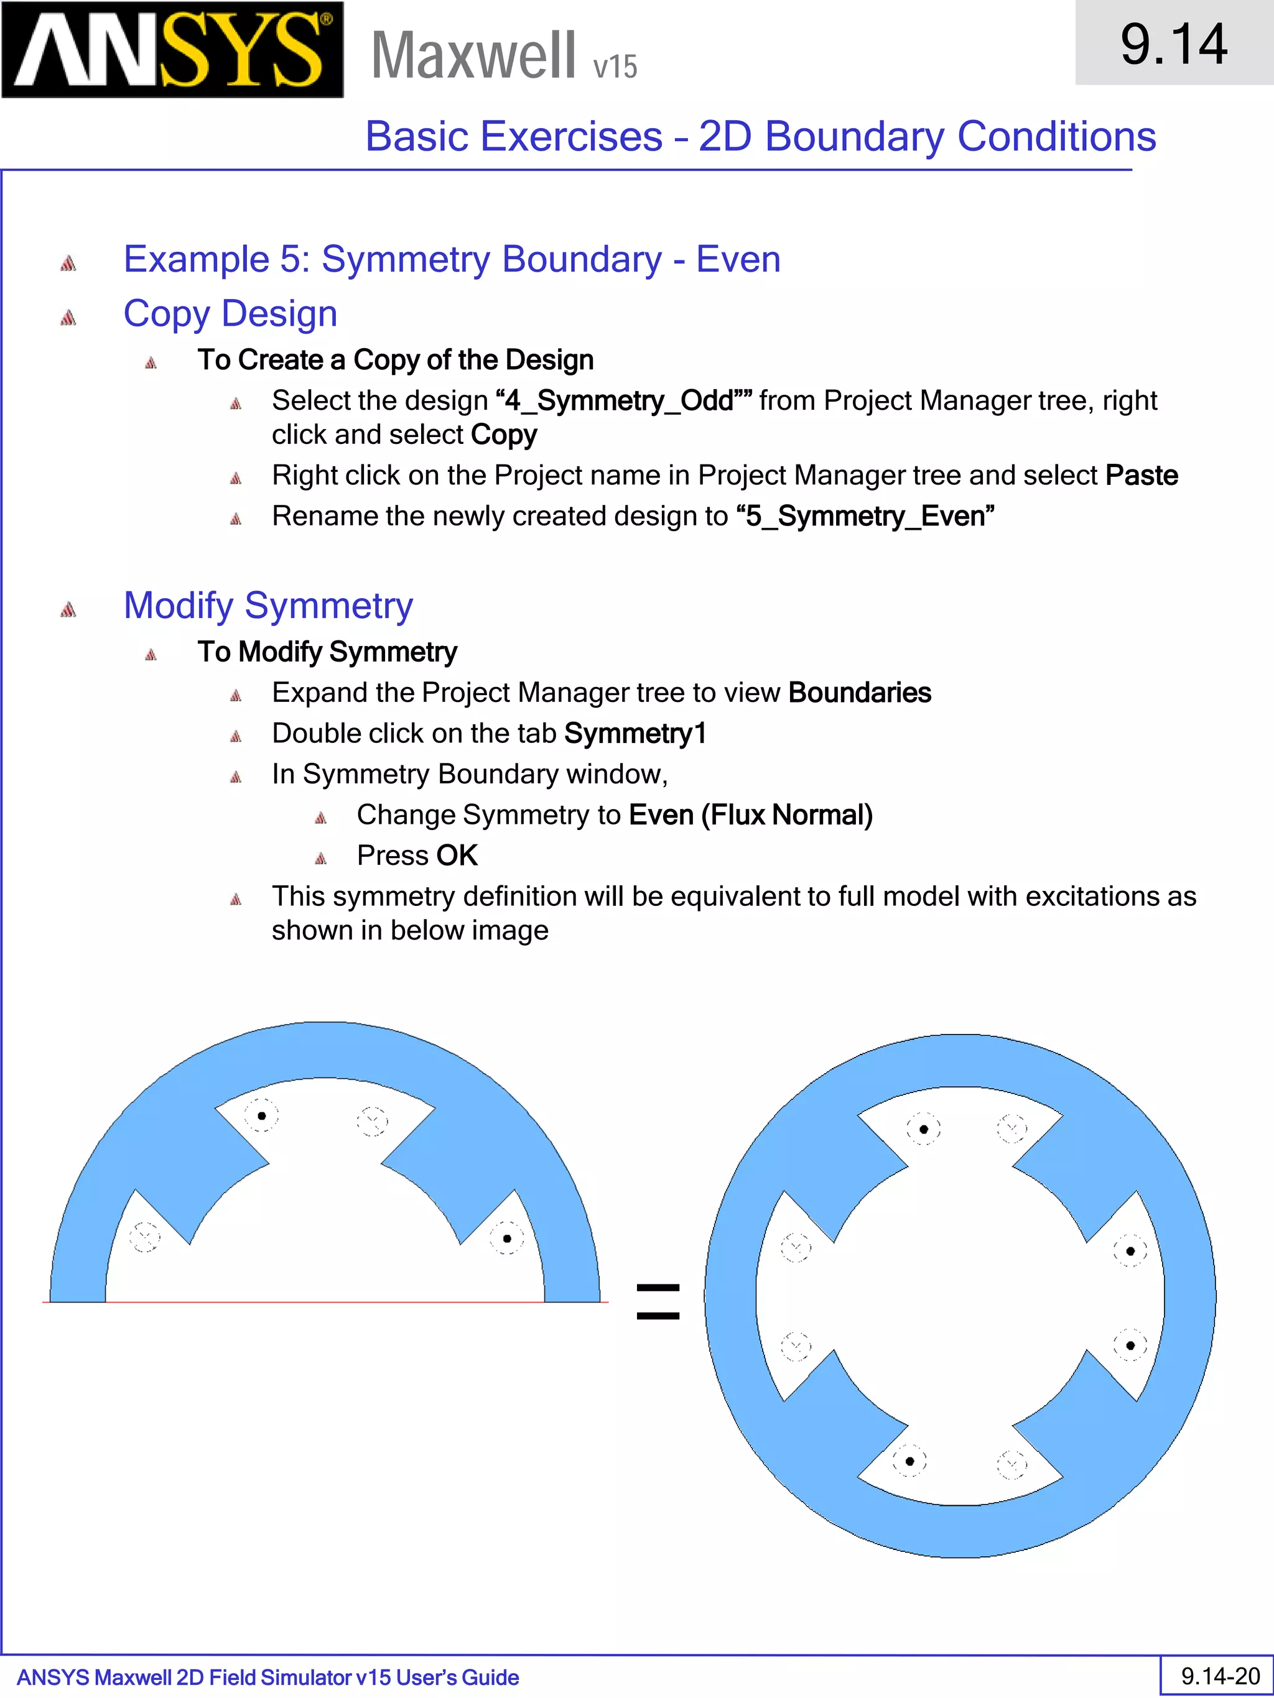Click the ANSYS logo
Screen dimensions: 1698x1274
pyautogui.click(x=172, y=50)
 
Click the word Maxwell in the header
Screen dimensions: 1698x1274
pyautogui.click(x=473, y=55)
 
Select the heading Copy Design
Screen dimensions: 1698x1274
pyautogui.click(x=230, y=314)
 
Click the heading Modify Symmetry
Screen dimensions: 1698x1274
pyautogui.click(x=268, y=606)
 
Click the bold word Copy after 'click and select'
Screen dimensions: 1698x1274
pyautogui.click(x=504, y=435)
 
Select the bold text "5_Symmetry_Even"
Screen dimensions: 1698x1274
pyautogui.click(x=865, y=516)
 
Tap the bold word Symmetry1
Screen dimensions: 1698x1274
pyautogui.click(x=635, y=733)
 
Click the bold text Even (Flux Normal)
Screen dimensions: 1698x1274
pyautogui.click(x=750, y=814)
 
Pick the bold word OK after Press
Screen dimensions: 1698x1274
pyautogui.click(x=457, y=855)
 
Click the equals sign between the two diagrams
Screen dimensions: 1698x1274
pyautogui.click(x=658, y=1302)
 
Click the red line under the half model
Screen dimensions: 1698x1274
pyautogui.click(x=325, y=1303)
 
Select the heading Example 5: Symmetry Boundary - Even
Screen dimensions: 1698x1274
pyautogui.click(x=452, y=259)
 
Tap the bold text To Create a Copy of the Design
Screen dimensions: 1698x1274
pyautogui.click(x=396, y=360)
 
